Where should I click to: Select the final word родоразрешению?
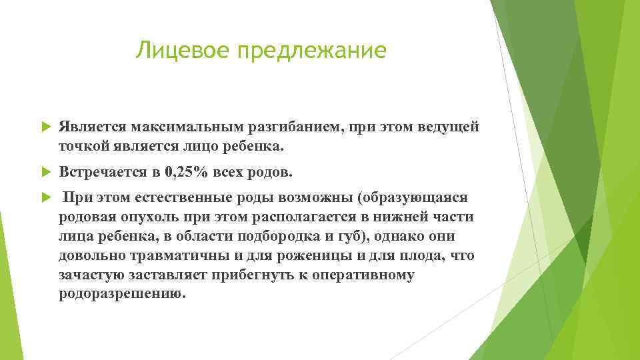(120, 294)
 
